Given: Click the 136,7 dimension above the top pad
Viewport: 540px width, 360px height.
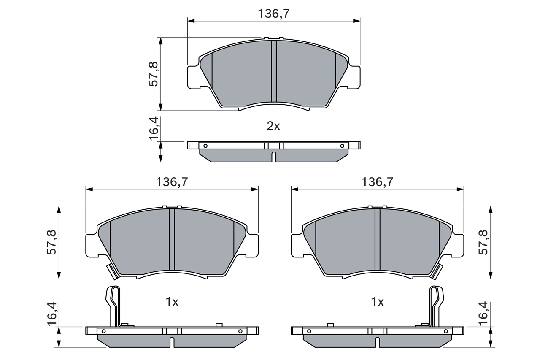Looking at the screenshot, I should coord(273,14).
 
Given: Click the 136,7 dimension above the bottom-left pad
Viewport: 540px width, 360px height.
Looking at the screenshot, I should coord(172,182).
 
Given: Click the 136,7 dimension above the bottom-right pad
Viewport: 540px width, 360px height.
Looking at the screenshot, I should coord(377,182).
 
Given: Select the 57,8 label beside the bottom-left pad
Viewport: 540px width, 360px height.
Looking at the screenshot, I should coord(52,242).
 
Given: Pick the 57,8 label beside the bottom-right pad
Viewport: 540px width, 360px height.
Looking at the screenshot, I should coord(484,242).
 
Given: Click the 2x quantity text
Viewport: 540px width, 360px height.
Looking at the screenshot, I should coord(273,126).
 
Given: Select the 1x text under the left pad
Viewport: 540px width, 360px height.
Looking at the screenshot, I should coord(172,302).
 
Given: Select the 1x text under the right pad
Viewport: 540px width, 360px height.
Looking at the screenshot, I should coord(377,302).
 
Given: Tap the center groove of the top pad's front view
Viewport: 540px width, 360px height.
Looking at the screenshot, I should coord(273,72).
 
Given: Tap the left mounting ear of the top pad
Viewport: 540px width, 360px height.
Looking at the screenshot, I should coord(193,77).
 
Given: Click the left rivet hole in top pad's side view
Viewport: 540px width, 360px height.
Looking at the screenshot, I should coord(205,146).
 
